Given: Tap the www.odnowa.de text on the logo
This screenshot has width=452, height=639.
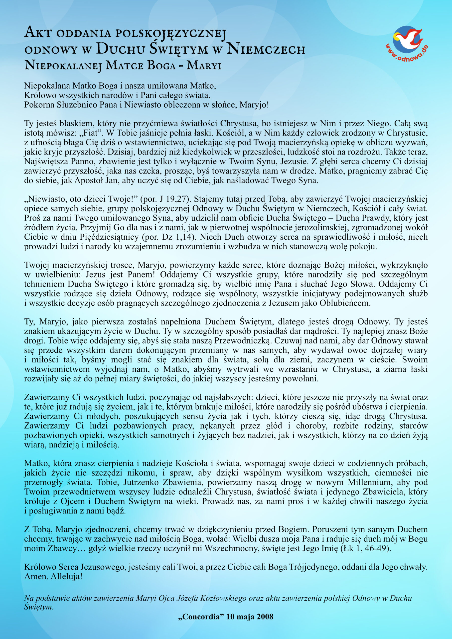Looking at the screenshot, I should click(x=407, y=53).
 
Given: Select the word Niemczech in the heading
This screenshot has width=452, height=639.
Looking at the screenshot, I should click(x=266, y=49).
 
